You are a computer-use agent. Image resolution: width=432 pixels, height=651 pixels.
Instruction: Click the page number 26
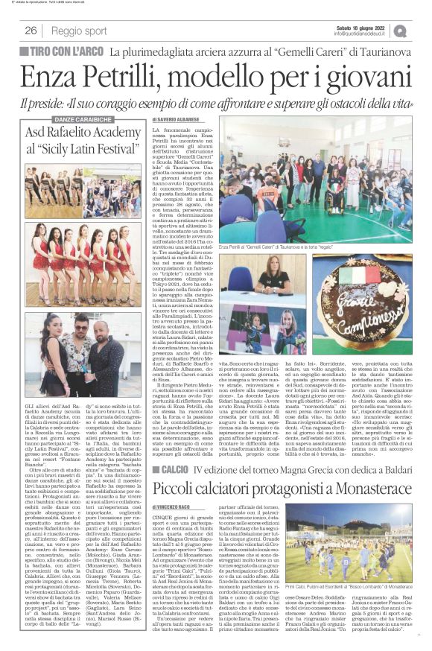[x=31, y=31]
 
